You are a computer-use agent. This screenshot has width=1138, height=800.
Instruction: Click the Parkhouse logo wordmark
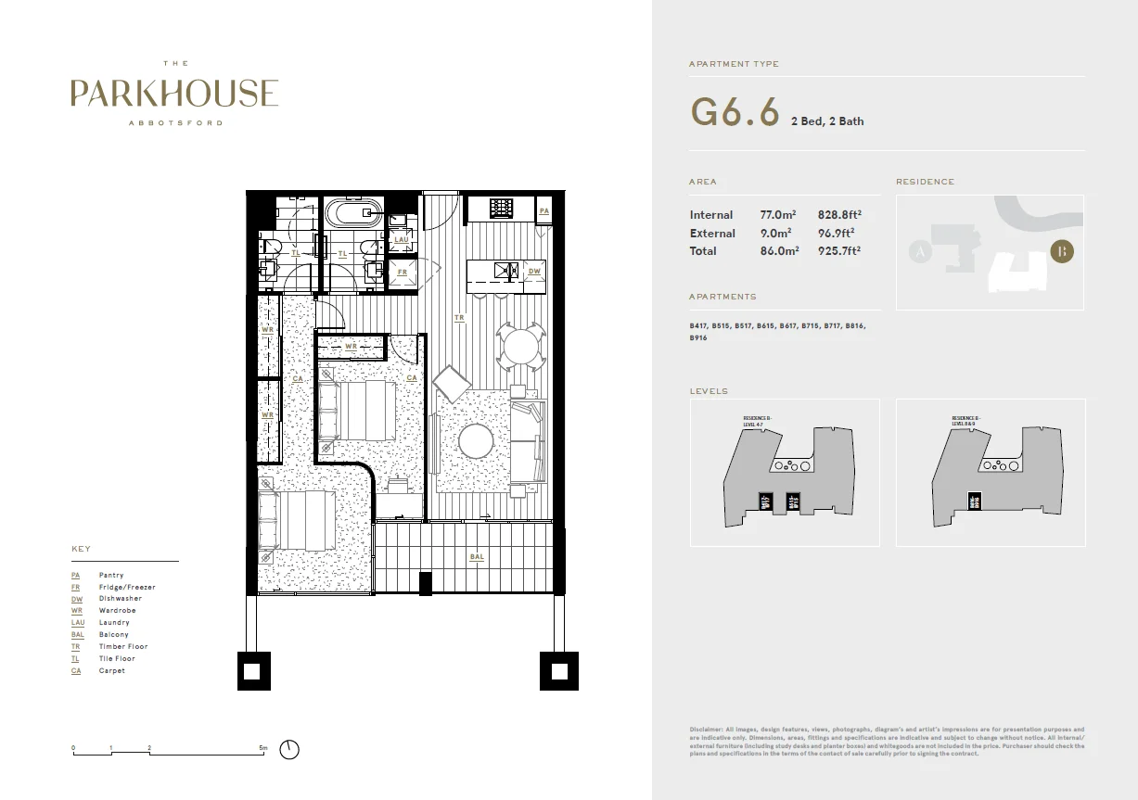click(x=174, y=93)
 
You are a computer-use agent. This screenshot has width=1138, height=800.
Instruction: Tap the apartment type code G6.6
click(x=734, y=113)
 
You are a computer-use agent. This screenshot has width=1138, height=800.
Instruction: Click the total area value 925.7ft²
click(x=839, y=251)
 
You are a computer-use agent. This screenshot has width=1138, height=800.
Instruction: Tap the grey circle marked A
click(x=920, y=252)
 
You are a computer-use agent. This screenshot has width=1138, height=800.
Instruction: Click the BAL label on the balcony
click(x=477, y=557)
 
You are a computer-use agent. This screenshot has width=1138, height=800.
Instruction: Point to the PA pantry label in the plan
click(x=544, y=211)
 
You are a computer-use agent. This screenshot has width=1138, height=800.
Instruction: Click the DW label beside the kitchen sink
click(x=534, y=272)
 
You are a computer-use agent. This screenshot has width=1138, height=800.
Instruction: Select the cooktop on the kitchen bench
click(x=502, y=208)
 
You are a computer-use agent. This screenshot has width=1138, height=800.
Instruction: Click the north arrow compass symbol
click(x=291, y=749)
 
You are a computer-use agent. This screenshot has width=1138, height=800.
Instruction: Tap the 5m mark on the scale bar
click(x=263, y=746)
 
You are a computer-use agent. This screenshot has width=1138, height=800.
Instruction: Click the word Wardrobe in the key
click(x=118, y=611)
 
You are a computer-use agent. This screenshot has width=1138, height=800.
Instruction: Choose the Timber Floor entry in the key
click(x=123, y=646)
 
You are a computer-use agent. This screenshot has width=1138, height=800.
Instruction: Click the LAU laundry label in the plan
click(x=402, y=239)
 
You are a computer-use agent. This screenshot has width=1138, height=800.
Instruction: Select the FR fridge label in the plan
click(x=403, y=273)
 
